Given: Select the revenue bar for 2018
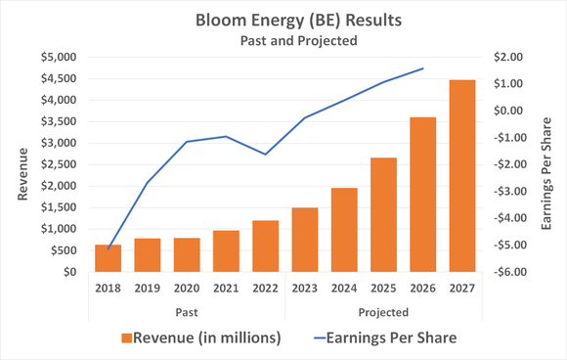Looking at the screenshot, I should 108,258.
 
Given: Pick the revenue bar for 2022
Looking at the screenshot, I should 265,246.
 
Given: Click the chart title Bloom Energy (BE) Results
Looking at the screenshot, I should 283,21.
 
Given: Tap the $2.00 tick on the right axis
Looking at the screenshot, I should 509,57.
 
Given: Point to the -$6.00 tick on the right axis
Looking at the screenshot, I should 509,272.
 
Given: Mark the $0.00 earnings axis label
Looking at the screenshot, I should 509,111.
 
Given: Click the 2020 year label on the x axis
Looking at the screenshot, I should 186,289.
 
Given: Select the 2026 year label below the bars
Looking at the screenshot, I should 422,289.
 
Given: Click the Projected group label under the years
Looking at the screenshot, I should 383,312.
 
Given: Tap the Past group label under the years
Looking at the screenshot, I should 186,312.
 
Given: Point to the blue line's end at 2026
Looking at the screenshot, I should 422,68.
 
